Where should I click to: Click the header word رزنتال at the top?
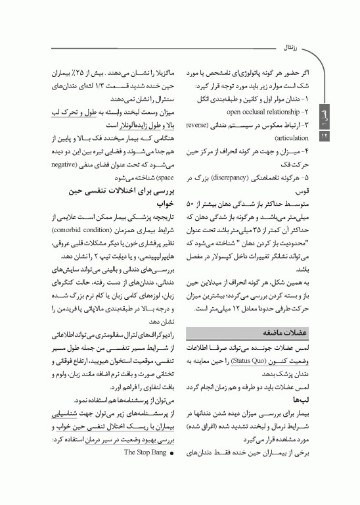point(289,47)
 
